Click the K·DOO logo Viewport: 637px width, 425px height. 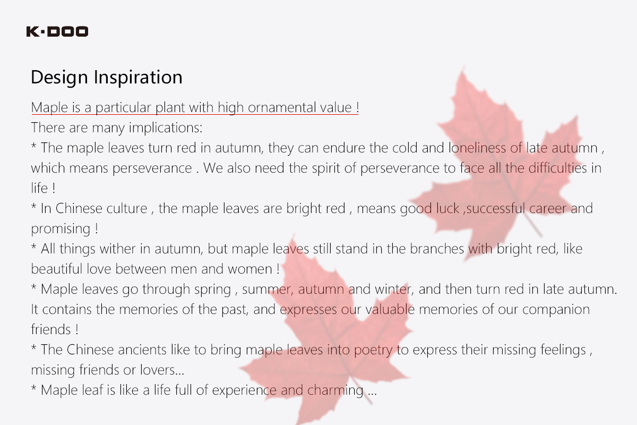pyautogui.click(x=57, y=31)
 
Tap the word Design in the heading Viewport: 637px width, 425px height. pyautogui.click(x=59, y=78)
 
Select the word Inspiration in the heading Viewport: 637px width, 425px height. pyautogui.click(x=138, y=78)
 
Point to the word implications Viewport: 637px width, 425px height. pyautogui.click(x=166, y=128)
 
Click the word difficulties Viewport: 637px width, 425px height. pyautogui.click(x=557, y=168)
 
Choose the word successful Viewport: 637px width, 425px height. pyautogui.click(x=496, y=208)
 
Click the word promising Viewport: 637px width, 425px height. pyautogui.click(x=61, y=229)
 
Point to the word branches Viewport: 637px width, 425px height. pyautogui.click(x=437, y=249)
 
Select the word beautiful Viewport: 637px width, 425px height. pyautogui.click(x=57, y=269)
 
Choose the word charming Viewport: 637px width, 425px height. pyautogui.click(x=335, y=390)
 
